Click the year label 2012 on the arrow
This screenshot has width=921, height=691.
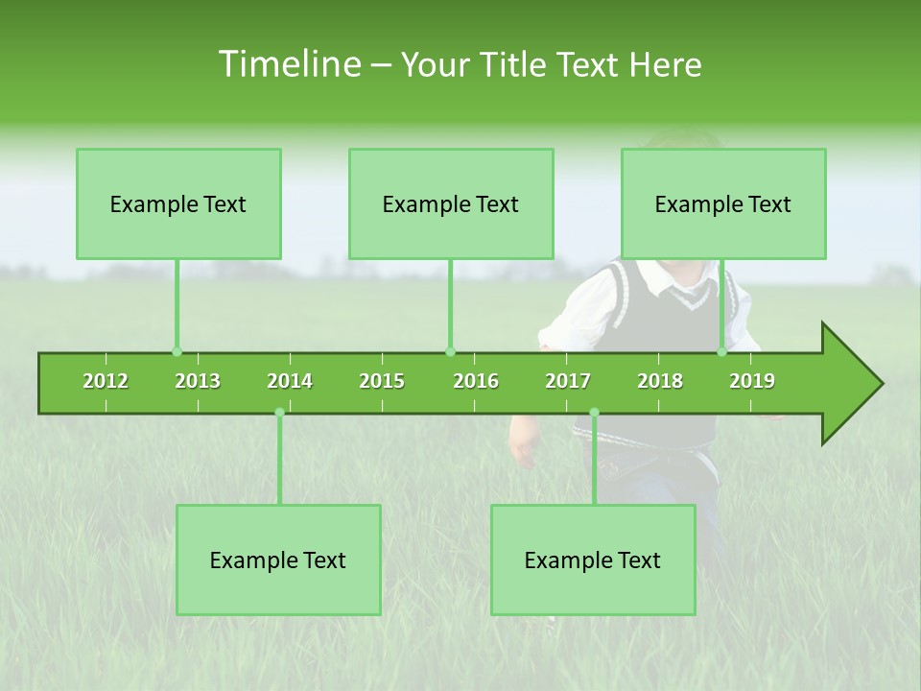[x=106, y=381]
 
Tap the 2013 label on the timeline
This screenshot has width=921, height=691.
[x=198, y=381]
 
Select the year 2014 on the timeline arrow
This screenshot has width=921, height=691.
[x=290, y=381]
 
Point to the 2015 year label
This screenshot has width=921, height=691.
[x=382, y=381]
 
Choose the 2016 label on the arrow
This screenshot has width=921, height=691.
[x=476, y=381]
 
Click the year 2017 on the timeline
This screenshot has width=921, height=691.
[x=568, y=381]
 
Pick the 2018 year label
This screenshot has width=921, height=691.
[x=660, y=381]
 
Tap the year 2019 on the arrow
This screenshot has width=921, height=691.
[x=752, y=381]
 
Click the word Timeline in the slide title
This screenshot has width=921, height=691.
[x=288, y=64]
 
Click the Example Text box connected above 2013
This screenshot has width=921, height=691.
[x=178, y=203]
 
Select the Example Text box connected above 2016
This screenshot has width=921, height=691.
[x=451, y=203]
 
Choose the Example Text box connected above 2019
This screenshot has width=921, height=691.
[x=723, y=203]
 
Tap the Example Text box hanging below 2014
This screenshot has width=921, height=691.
[x=278, y=560]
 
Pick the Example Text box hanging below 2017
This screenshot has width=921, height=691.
[x=593, y=560]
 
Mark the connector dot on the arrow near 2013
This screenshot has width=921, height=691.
[x=177, y=352]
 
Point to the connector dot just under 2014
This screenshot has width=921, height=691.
[x=279, y=413]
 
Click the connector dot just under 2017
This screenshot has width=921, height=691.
[x=594, y=413]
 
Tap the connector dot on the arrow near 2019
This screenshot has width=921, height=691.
[x=722, y=352]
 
